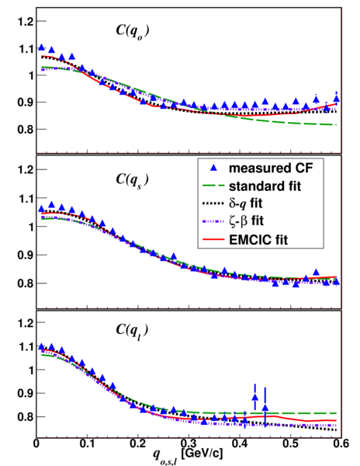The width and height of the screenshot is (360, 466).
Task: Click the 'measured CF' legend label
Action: pos(271,169)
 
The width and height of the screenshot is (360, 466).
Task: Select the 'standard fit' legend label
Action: pos(265,186)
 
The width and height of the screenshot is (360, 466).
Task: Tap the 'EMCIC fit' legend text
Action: pos(258,239)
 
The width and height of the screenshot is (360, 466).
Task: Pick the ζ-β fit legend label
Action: pos(246,221)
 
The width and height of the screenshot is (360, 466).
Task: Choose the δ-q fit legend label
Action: pos(245,203)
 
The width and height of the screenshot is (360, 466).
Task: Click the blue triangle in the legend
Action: pos(213,169)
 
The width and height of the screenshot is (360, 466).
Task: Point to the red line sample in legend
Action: pos(213,239)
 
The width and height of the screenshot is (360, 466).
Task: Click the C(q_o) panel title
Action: pos(133,32)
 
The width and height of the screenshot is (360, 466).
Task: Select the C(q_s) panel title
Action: pos(132,180)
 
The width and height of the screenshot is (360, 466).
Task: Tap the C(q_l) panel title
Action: pos(132,331)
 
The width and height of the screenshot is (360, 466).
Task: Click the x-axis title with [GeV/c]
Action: pos(188,454)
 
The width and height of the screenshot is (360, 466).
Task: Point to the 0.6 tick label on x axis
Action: pos(341,443)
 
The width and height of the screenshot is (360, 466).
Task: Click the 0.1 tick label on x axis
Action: pos(87,443)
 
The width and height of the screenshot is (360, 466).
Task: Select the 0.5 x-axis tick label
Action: pos(290,443)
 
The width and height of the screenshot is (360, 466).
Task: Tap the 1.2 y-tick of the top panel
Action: pos(26,22)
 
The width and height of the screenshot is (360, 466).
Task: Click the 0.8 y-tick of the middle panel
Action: pos(26,283)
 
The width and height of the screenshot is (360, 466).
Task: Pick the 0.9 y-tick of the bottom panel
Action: pos(26,393)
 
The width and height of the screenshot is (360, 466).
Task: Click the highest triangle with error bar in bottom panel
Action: pos(255,398)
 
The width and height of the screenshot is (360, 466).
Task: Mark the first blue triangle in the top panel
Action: pos(42,47)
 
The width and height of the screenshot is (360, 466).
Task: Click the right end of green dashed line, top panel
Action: pos(336,124)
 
